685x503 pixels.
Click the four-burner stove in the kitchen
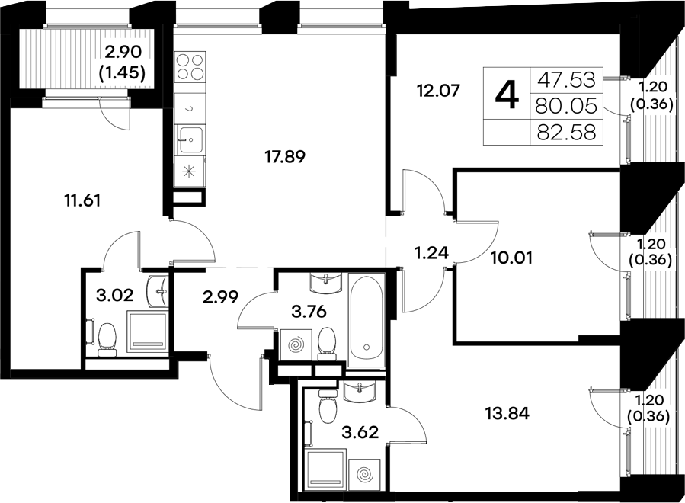(x=190, y=67)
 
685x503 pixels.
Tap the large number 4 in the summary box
(x=507, y=96)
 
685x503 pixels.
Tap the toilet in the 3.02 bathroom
(x=107, y=338)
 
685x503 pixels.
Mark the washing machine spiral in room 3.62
(x=363, y=473)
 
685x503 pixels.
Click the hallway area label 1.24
(x=430, y=252)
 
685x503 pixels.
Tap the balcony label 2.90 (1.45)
(x=125, y=63)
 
